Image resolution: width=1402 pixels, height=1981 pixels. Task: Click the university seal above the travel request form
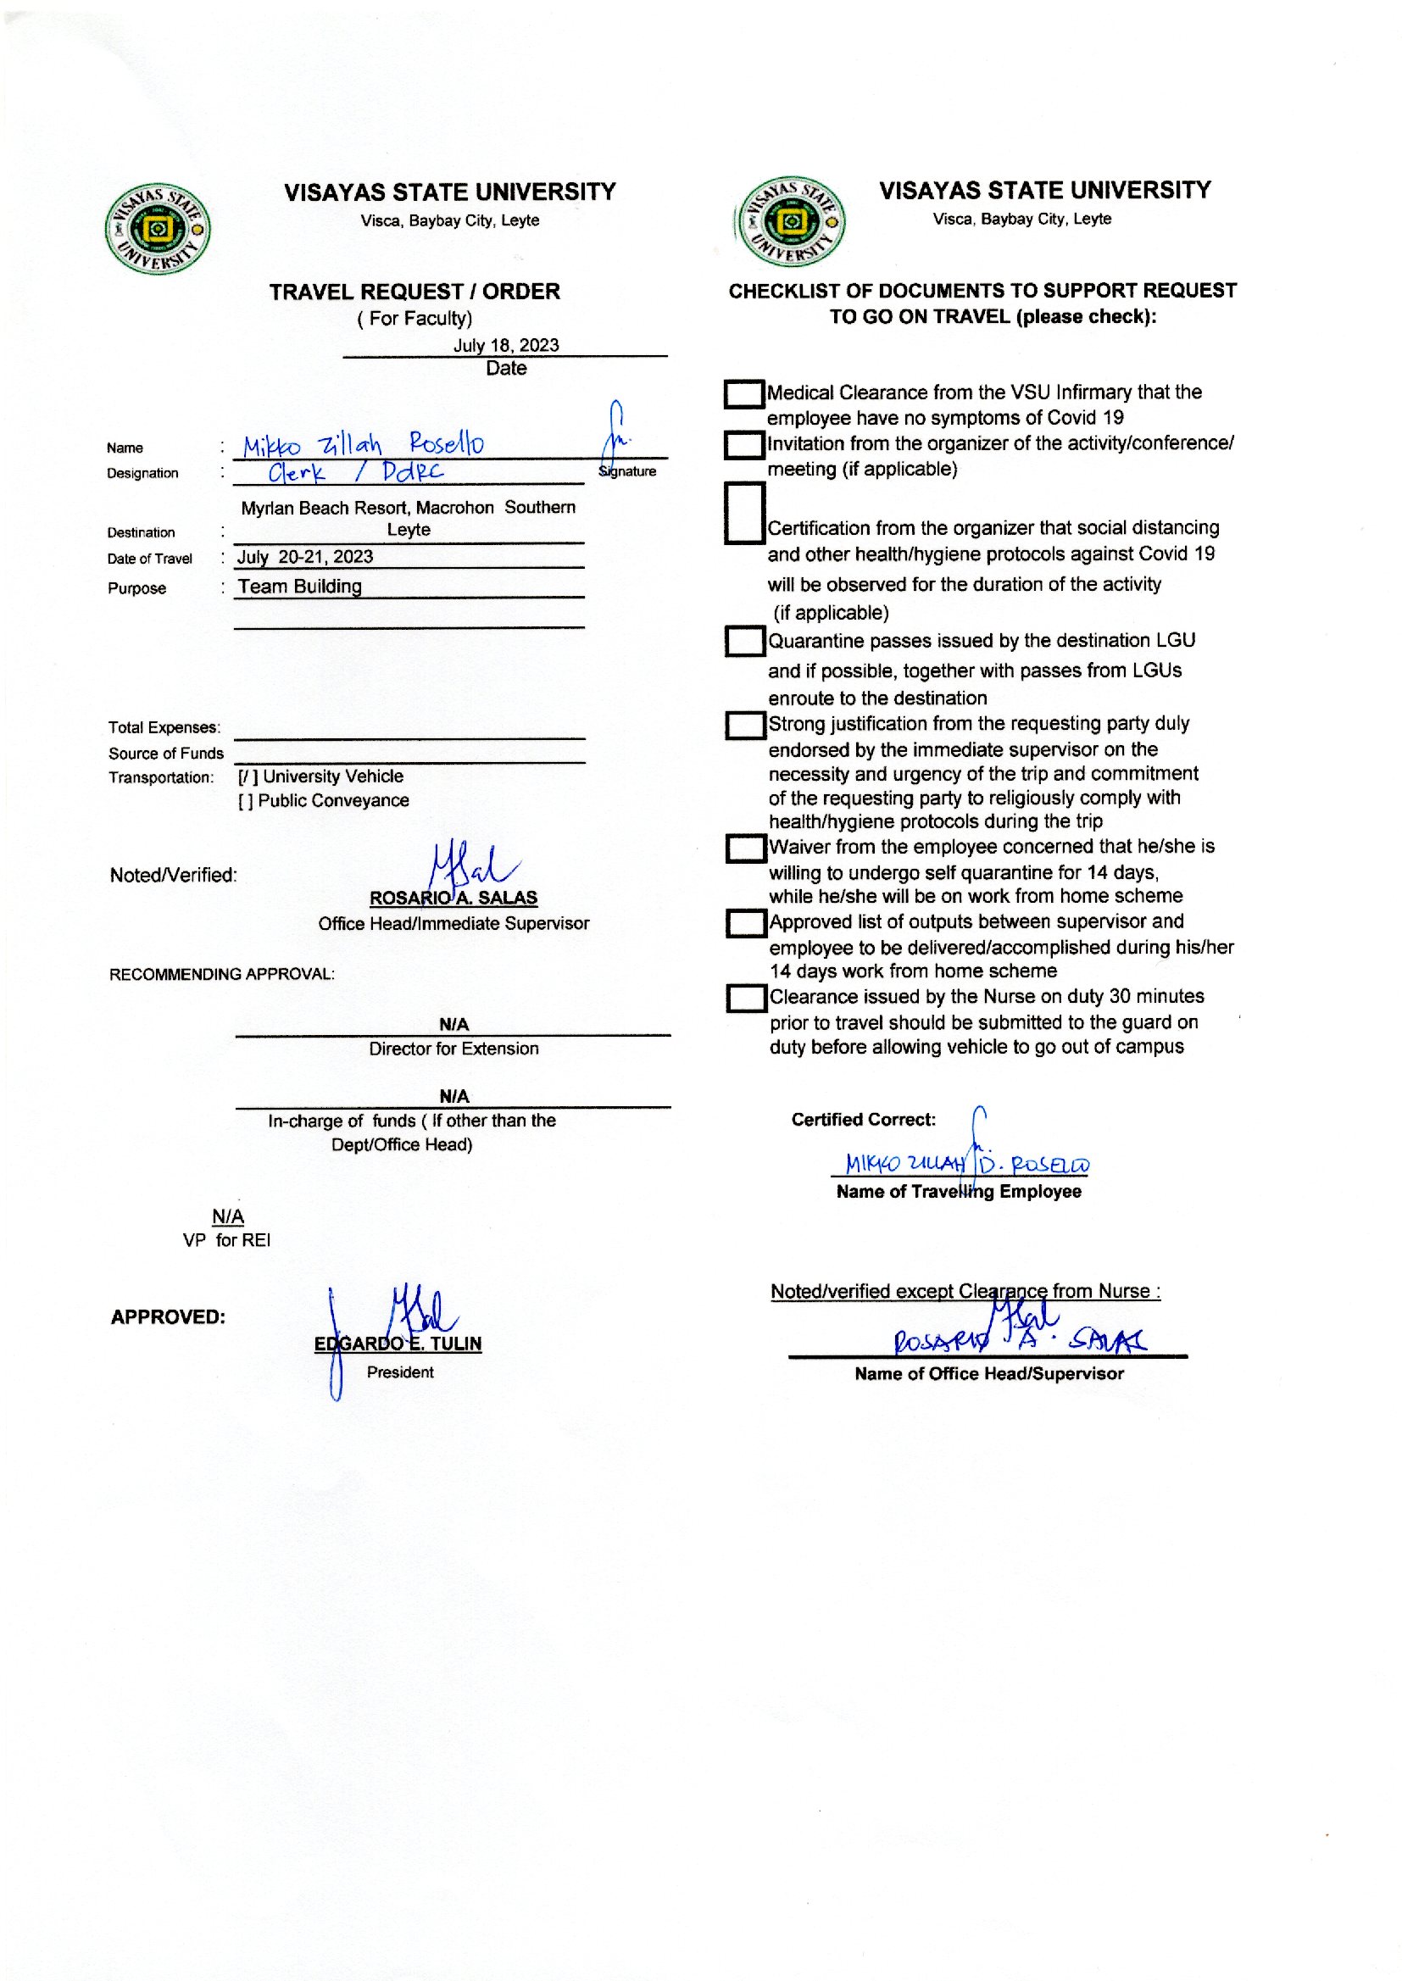(158, 229)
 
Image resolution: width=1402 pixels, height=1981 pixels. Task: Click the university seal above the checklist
(791, 223)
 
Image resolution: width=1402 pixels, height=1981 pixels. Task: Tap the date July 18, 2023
(506, 345)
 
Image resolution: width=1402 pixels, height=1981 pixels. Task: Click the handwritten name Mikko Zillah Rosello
(363, 444)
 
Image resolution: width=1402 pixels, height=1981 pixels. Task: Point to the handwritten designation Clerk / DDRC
(356, 472)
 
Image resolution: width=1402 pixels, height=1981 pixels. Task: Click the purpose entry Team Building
(299, 587)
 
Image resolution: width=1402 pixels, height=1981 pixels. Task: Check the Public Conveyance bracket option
(245, 801)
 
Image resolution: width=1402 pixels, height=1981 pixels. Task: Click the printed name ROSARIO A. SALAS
(453, 898)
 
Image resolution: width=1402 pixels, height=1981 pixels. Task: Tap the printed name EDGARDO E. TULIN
(398, 1344)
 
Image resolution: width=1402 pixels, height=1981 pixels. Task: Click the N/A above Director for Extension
(453, 1025)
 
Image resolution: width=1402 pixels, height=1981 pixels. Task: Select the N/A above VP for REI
(228, 1217)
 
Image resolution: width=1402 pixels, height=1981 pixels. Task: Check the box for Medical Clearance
(743, 394)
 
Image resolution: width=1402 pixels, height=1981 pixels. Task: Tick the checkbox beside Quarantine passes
(744, 642)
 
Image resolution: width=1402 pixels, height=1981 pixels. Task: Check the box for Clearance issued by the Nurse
(746, 999)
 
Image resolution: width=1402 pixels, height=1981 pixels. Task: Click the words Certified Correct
(863, 1120)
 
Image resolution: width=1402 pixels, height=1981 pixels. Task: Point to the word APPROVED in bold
(169, 1317)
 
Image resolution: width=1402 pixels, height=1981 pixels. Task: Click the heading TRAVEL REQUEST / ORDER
(414, 292)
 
